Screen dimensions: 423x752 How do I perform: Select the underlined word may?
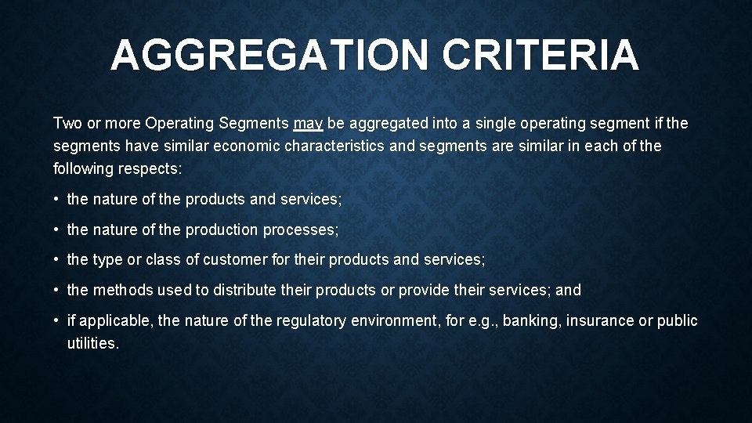pyautogui.click(x=308, y=124)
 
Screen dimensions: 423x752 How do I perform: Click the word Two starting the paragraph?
pyautogui.click(x=67, y=123)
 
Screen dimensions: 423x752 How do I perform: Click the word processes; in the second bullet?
pyautogui.click(x=301, y=230)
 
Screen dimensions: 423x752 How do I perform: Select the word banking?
pyautogui.click(x=533, y=321)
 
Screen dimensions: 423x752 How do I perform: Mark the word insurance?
pyautogui.click(x=604, y=321)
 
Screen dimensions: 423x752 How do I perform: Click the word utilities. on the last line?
pyautogui.click(x=93, y=343)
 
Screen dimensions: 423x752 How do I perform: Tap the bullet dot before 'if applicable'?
pyautogui.click(x=58, y=321)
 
